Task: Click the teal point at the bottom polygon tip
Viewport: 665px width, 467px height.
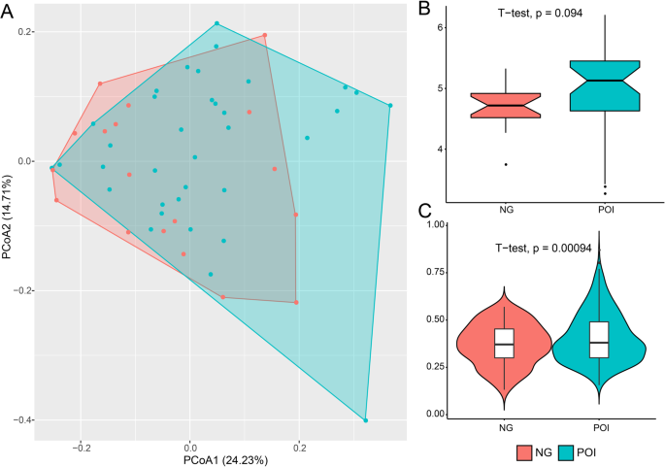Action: point(366,420)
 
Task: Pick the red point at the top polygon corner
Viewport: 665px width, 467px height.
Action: point(264,36)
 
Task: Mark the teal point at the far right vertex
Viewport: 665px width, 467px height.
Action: point(390,105)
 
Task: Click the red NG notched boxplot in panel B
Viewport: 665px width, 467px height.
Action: point(504,105)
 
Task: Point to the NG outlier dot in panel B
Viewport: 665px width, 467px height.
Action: point(504,164)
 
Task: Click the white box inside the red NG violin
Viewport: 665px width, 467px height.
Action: point(504,344)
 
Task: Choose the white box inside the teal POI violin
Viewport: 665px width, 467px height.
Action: point(598,340)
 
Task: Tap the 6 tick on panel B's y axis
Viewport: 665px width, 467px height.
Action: point(443,27)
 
